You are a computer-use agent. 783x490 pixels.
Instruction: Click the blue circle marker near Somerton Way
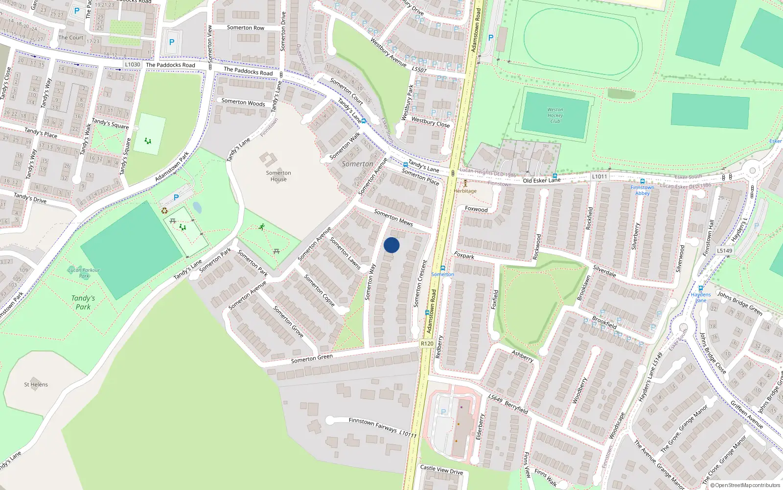[x=391, y=245]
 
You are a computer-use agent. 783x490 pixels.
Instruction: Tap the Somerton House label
[x=278, y=176]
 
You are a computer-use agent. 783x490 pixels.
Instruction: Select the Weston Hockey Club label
[x=555, y=116]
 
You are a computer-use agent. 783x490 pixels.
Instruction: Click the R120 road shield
[x=427, y=343]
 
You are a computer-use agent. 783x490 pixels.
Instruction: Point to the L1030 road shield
[x=132, y=64]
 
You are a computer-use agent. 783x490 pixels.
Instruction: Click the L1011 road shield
[x=599, y=176]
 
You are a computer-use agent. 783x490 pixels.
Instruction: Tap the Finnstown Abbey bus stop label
[x=642, y=190]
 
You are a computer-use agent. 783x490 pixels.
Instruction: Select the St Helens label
[x=36, y=385]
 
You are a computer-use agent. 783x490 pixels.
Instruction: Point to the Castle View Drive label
[x=441, y=469]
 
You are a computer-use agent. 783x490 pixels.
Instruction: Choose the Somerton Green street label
[x=312, y=359]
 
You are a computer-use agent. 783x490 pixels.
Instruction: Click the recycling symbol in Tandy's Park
[x=164, y=211]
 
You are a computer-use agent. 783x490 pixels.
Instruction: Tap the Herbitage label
[x=465, y=191]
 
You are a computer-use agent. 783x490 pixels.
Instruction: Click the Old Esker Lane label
[x=541, y=180]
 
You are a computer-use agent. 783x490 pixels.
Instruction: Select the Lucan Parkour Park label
[x=84, y=273]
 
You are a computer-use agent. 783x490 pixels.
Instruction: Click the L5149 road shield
[x=724, y=250]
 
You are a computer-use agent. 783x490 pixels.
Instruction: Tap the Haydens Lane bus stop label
[x=701, y=297]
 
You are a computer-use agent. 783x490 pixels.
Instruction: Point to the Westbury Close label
[x=430, y=122]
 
